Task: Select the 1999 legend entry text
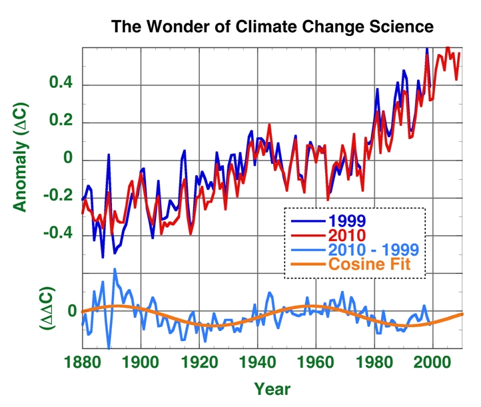(346, 220)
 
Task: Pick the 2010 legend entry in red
(346, 235)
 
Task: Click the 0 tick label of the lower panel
(72, 311)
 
